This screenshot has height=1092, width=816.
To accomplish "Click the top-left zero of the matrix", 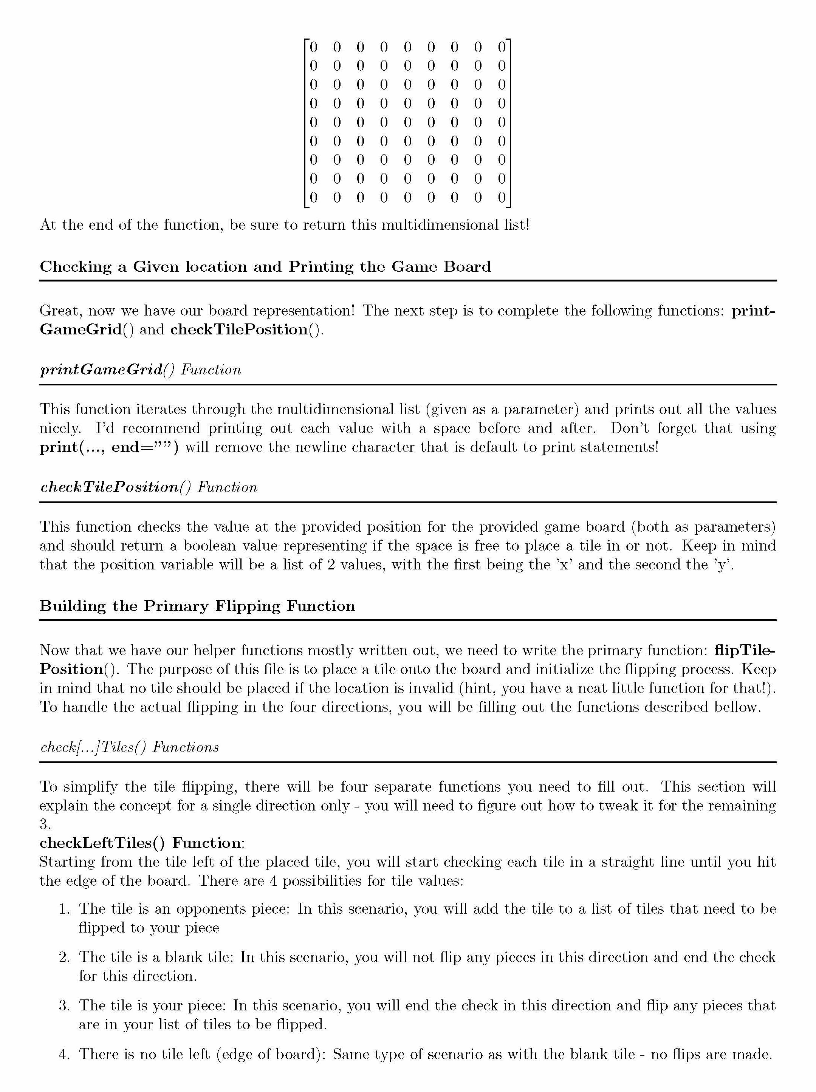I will (x=313, y=47).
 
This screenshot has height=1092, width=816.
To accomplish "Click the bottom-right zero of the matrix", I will (x=502, y=198).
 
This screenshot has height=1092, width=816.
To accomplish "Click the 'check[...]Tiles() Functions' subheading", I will (x=129, y=747).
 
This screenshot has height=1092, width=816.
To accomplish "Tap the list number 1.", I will (x=64, y=909).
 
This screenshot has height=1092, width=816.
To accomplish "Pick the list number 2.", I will (x=64, y=957).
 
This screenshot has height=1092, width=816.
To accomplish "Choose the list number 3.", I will (x=64, y=1005).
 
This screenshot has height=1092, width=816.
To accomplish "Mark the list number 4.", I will (x=64, y=1054).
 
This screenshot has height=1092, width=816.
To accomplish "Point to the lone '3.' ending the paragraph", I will (x=45, y=824).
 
